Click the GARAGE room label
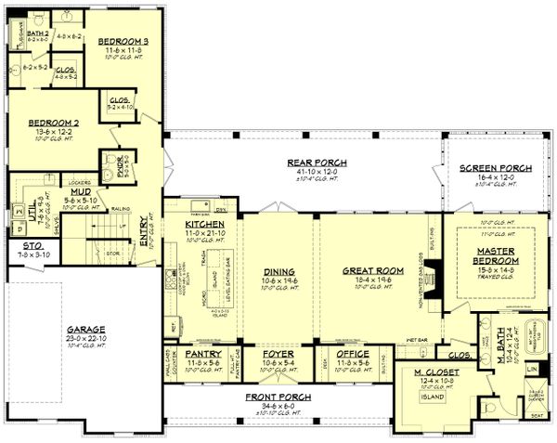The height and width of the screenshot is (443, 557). (85, 329)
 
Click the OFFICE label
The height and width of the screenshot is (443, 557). (352, 354)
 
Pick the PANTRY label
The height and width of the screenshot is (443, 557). (202, 354)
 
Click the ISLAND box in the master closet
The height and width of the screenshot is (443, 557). (430, 397)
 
